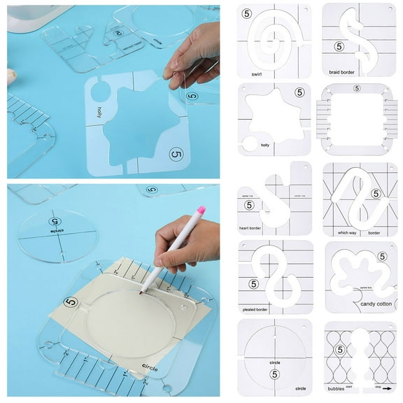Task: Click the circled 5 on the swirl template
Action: point(246,13)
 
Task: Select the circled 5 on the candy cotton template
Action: point(382,257)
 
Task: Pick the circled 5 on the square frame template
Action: point(358,89)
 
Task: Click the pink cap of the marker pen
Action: point(200,210)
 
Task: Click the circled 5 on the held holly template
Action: point(176,154)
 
